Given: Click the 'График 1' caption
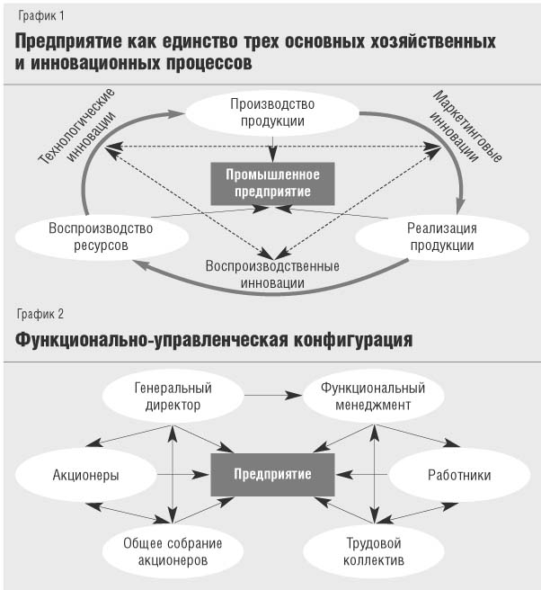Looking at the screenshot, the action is click(41, 16).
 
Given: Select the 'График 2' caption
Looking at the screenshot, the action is click(40, 314).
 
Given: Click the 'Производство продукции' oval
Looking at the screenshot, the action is click(272, 113).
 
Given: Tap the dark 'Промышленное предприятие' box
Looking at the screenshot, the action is click(272, 183).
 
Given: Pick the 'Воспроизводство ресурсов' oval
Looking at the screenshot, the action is click(102, 237).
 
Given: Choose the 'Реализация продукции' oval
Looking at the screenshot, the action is click(442, 237).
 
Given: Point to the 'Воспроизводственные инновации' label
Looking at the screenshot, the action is click(272, 274).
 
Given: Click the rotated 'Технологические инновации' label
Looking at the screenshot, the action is click(77, 127).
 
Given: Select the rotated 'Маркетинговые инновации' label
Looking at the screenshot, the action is click(466, 127).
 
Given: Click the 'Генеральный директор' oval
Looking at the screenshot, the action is click(173, 397).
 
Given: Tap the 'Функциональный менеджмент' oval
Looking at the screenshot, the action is click(373, 397).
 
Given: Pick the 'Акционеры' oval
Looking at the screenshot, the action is click(85, 475).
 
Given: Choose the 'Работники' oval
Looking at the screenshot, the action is click(459, 475).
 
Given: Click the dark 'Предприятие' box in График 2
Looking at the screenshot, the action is click(272, 475).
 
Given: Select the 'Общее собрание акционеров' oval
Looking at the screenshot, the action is click(173, 551).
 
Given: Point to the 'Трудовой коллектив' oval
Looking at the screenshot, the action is click(374, 551).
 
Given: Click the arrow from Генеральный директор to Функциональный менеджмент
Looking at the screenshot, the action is click(273, 395).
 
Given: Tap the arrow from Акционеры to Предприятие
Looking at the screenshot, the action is click(183, 475).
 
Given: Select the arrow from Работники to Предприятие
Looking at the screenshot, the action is click(361, 475).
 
